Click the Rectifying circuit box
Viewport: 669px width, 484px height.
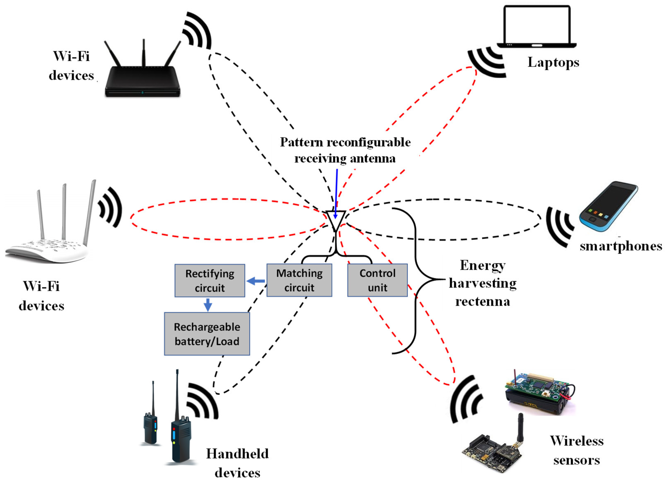210,281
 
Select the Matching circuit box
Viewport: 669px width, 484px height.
299,280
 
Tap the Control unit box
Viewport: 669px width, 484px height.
377,280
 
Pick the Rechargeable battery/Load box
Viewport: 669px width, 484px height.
207,334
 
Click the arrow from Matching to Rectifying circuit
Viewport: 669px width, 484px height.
256,281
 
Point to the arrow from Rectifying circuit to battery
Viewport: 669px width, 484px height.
208,305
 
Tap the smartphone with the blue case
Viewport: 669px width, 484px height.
608,207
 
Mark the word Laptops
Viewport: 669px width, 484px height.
553,63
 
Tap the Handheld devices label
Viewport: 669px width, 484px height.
237,463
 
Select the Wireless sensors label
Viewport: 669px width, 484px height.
577,451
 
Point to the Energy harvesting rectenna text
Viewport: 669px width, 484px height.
483,284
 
